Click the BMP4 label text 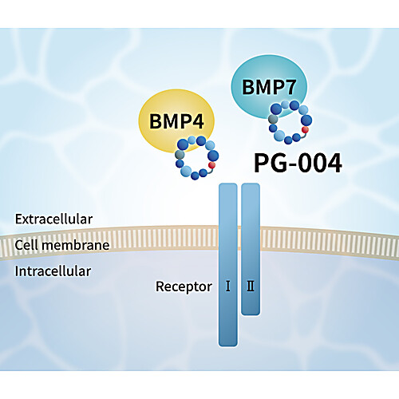click(x=176, y=121)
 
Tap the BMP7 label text click(x=269, y=87)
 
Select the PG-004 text click(x=298, y=163)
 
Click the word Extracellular click(x=53, y=219)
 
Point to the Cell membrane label click(x=62, y=245)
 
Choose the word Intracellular click(x=53, y=271)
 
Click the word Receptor click(x=184, y=286)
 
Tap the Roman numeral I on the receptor click(x=228, y=286)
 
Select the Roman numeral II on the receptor click(x=251, y=286)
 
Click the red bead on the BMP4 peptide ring click(x=211, y=165)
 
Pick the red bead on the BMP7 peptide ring click(x=305, y=129)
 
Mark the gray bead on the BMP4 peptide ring click(x=180, y=155)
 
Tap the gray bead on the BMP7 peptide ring click(x=273, y=119)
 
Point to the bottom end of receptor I click(x=228, y=346)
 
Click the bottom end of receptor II click(x=251, y=314)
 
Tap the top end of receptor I click(x=228, y=184)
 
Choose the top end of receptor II click(x=251, y=184)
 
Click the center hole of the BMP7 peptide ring click(x=290, y=122)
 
